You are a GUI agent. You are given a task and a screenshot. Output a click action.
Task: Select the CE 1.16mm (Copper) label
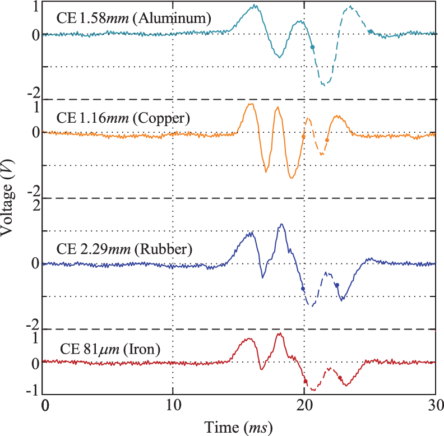click(123, 119)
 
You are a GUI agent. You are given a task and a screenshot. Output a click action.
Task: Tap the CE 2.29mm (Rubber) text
click(124, 249)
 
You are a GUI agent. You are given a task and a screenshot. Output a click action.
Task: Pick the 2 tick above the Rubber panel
click(35, 205)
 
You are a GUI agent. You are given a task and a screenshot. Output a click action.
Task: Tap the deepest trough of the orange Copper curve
click(292, 178)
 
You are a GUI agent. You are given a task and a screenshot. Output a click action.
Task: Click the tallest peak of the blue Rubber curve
click(281, 225)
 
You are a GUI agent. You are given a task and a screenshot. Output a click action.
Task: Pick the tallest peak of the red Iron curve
click(279, 334)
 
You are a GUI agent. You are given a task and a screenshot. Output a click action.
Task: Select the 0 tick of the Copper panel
click(35, 133)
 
